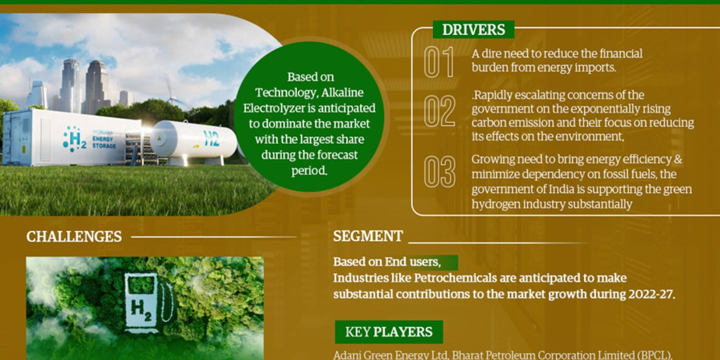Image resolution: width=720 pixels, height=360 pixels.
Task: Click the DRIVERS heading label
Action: pyautogui.click(x=473, y=29)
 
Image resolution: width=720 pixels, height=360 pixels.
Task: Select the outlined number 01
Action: pyautogui.click(x=439, y=62)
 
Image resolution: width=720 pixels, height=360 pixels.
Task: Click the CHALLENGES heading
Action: pyautogui.click(x=74, y=236)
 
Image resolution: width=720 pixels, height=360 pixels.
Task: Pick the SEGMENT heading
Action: pyautogui.click(x=368, y=236)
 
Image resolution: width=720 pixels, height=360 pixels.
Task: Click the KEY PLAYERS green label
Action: pyautogui.click(x=389, y=332)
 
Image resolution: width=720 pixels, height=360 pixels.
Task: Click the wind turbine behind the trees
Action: pyautogui.click(x=173, y=93)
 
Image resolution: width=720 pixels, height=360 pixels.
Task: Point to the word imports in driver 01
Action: pyautogui.click(x=594, y=68)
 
